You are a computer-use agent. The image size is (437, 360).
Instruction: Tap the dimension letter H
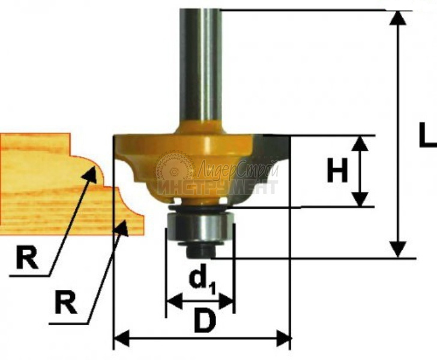[x=337, y=172]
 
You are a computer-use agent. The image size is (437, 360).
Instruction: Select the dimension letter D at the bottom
[x=204, y=323]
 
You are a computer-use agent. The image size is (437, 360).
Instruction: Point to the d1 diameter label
[x=200, y=280]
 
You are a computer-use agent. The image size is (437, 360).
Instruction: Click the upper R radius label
[x=26, y=259]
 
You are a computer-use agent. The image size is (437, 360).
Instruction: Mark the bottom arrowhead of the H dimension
[x=360, y=200]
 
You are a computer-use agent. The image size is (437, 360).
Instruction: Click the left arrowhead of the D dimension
[x=120, y=340]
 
